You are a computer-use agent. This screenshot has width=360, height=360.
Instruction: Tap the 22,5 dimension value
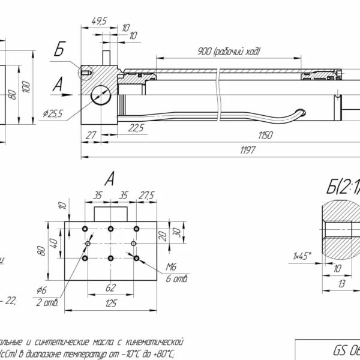click(x=136, y=127)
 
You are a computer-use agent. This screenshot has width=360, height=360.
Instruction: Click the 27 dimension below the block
click(x=91, y=135)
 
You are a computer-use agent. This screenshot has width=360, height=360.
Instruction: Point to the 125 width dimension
click(x=111, y=304)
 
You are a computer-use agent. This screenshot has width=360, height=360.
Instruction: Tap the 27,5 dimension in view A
click(x=146, y=195)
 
